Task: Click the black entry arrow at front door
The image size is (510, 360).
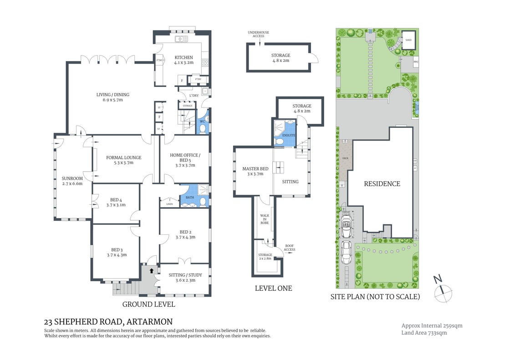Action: (152, 271)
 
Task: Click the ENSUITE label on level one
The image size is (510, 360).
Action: (289, 135)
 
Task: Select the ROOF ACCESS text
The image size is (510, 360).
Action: (290, 248)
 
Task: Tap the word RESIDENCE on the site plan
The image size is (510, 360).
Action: (382, 184)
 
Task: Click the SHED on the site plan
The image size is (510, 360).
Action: (408, 40)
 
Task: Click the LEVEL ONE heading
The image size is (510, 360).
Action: (273, 288)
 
